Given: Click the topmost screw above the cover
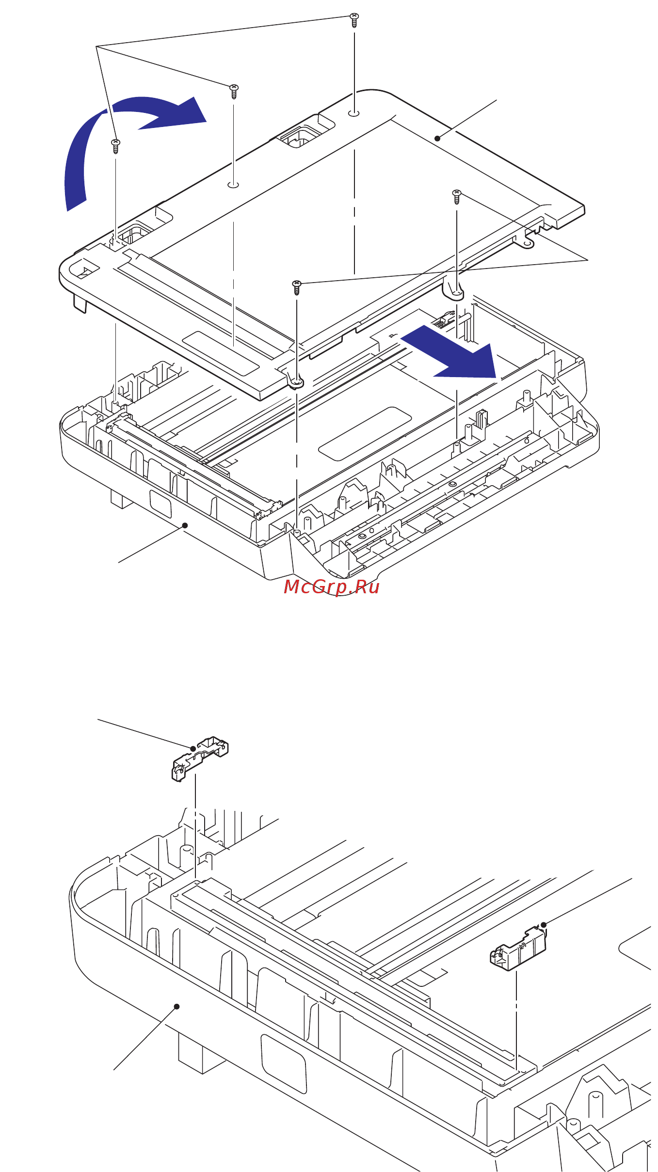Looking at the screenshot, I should click(x=354, y=19).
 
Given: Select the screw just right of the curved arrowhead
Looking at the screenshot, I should click(x=234, y=91).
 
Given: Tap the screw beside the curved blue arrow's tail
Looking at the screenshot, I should click(x=115, y=145).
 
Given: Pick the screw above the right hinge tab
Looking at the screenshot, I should click(x=456, y=196).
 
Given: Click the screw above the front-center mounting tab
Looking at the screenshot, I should click(x=297, y=287).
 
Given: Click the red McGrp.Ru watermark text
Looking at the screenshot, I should click(x=331, y=587).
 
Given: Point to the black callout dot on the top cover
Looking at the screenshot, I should click(x=437, y=139).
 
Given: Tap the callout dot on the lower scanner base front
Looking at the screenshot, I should click(x=185, y=525).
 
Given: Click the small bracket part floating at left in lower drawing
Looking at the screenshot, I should click(x=200, y=758).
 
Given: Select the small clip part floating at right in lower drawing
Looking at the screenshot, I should click(x=518, y=950).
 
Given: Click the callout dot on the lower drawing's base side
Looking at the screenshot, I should click(x=177, y=1007).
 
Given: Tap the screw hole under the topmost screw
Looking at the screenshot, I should click(x=354, y=113).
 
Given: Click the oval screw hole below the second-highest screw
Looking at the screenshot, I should click(x=233, y=185).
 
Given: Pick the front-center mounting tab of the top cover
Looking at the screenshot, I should click(x=296, y=383).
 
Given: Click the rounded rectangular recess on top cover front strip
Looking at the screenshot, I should click(x=221, y=353).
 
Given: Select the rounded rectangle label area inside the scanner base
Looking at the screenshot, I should click(x=365, y=434).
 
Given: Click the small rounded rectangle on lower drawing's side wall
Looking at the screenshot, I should click(x=284, y=1064).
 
